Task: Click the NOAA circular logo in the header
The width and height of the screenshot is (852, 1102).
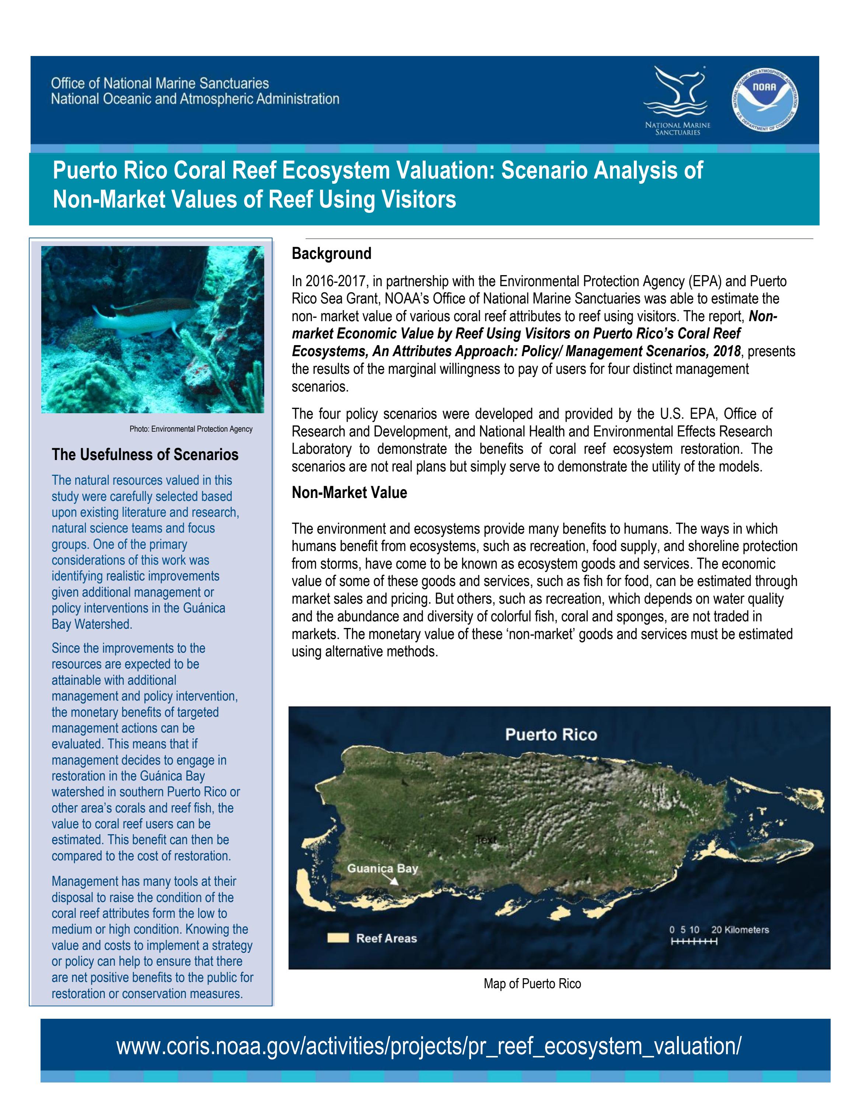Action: pyautogui.click(x=765, y=100)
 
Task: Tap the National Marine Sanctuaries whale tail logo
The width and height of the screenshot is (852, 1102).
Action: pyautogui.click(x=677, y=93)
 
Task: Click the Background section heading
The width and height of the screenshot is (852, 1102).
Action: pyautogui.click(x=331, y=253)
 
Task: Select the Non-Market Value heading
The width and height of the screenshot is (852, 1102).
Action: pyautogui.click(x=349, y=492)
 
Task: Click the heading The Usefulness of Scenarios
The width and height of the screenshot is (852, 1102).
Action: pyautogui.click(x=145, y=455)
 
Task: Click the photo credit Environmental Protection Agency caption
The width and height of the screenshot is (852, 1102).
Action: pyautogui.click(x=191, y=429)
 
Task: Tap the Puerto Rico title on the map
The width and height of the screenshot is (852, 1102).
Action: pyautogui.click(x=551, y=735)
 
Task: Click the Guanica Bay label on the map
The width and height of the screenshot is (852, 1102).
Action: pyautogui.click(x=382, y=868)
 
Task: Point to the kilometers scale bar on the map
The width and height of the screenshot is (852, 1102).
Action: pyautogui.click(x=694, y=941)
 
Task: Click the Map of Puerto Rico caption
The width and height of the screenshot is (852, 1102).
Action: pyautogui.click(x=532, y=983)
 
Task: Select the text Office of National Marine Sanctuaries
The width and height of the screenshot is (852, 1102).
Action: pyautogui.click(x=160, y=83)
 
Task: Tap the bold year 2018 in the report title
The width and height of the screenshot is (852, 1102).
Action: pyautogui.click(x=727, y=351)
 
